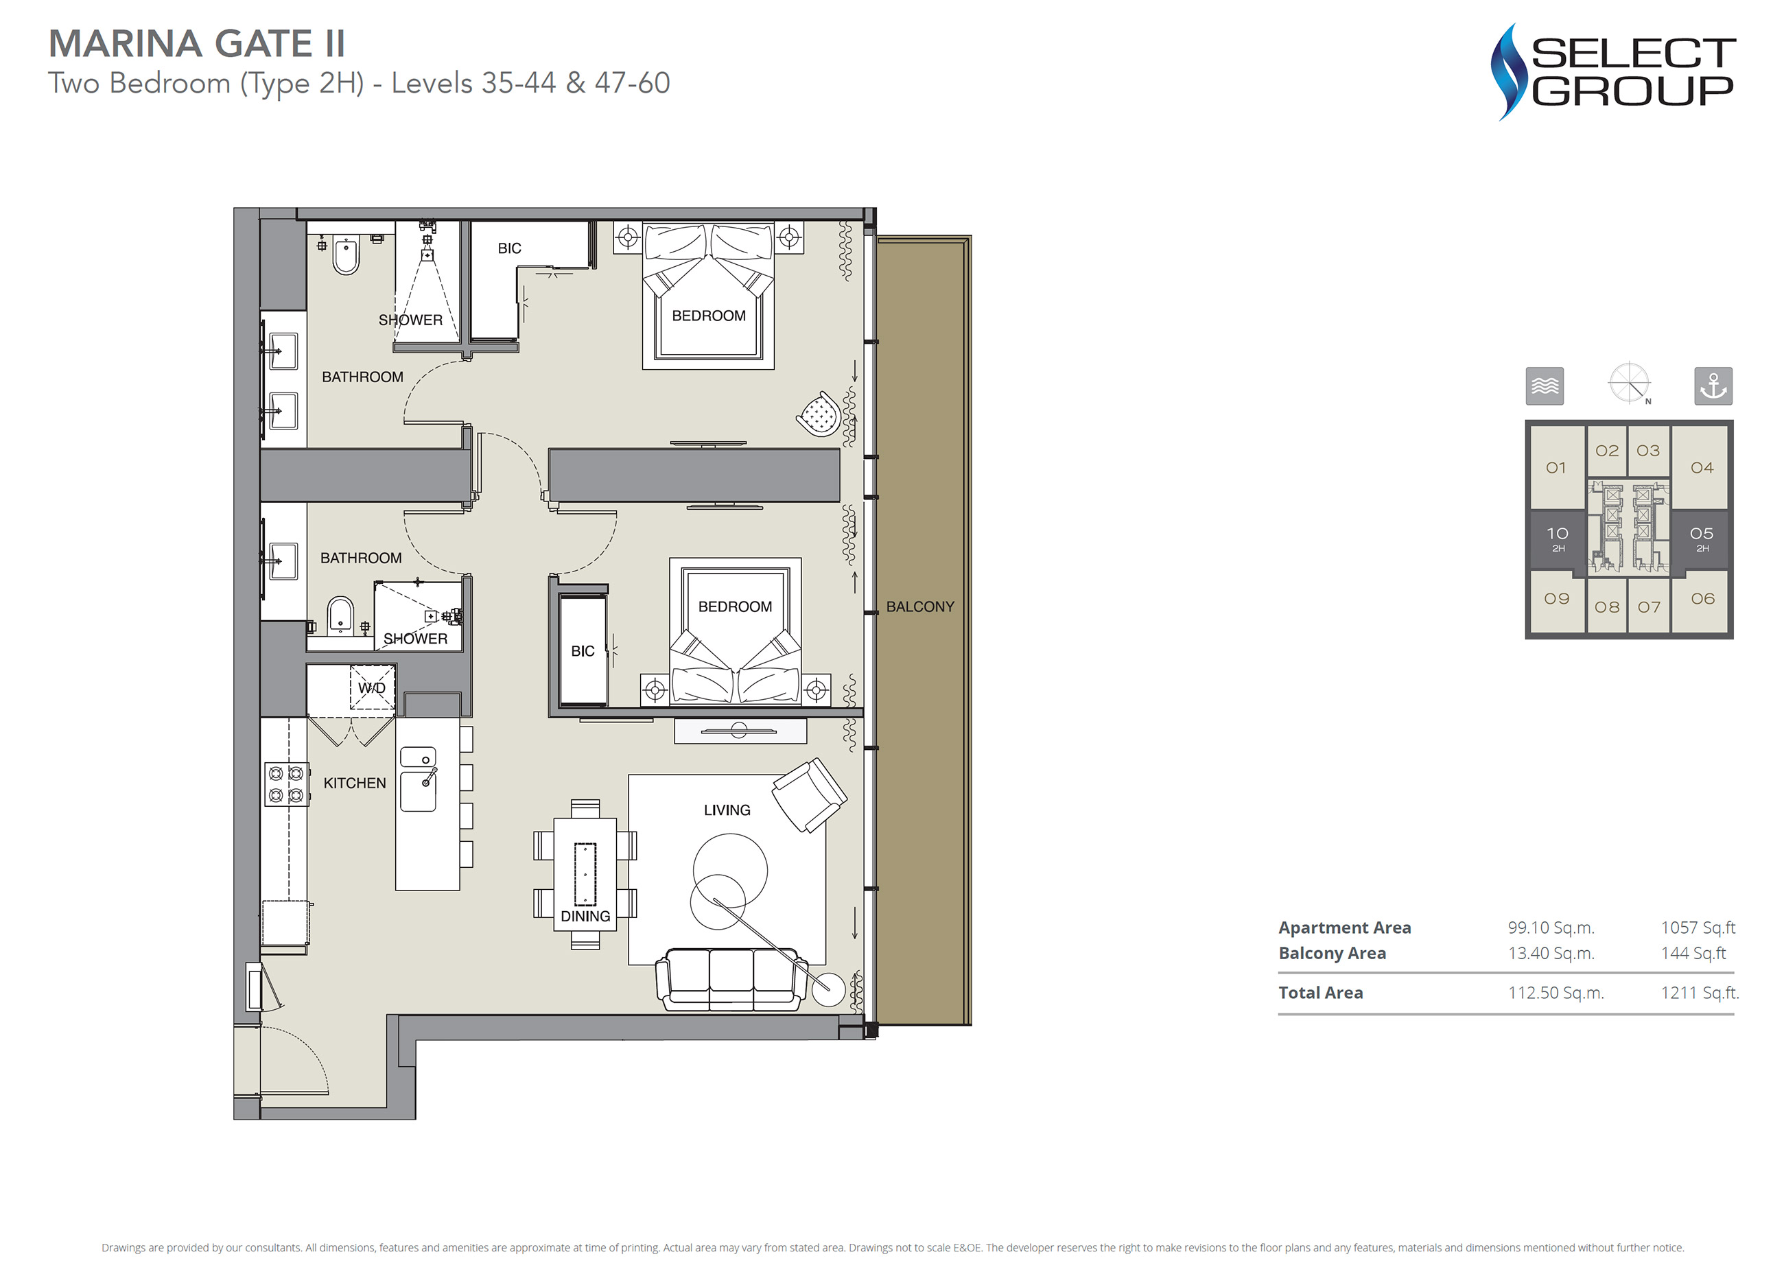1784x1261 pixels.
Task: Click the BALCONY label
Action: (920, 606)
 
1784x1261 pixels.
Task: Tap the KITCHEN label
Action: (354, 783)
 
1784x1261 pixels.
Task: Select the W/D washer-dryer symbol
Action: (372, 687)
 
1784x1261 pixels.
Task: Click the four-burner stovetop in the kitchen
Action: (286, 784)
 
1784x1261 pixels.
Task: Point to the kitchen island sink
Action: (418, 779)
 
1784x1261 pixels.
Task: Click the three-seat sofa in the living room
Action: (731, 979)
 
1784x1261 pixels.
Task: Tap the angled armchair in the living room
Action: (809, 796)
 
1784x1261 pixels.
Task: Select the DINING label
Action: (585, 917)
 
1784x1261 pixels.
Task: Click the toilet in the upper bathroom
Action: (347, 254)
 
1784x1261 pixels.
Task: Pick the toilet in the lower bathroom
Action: (340, 615)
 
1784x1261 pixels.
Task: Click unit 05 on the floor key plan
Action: (1701, 539)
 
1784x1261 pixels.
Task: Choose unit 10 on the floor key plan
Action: (1557, 539)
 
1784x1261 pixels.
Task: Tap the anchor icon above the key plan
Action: (1713, 386)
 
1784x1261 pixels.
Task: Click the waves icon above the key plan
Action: (1545, 386)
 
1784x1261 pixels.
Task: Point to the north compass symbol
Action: (1630, 384)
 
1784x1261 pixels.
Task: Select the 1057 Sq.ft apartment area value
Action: (1698, 928)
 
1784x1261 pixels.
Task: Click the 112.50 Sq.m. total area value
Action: (1556, 993)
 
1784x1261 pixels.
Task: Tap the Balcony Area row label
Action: (1332, 954)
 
